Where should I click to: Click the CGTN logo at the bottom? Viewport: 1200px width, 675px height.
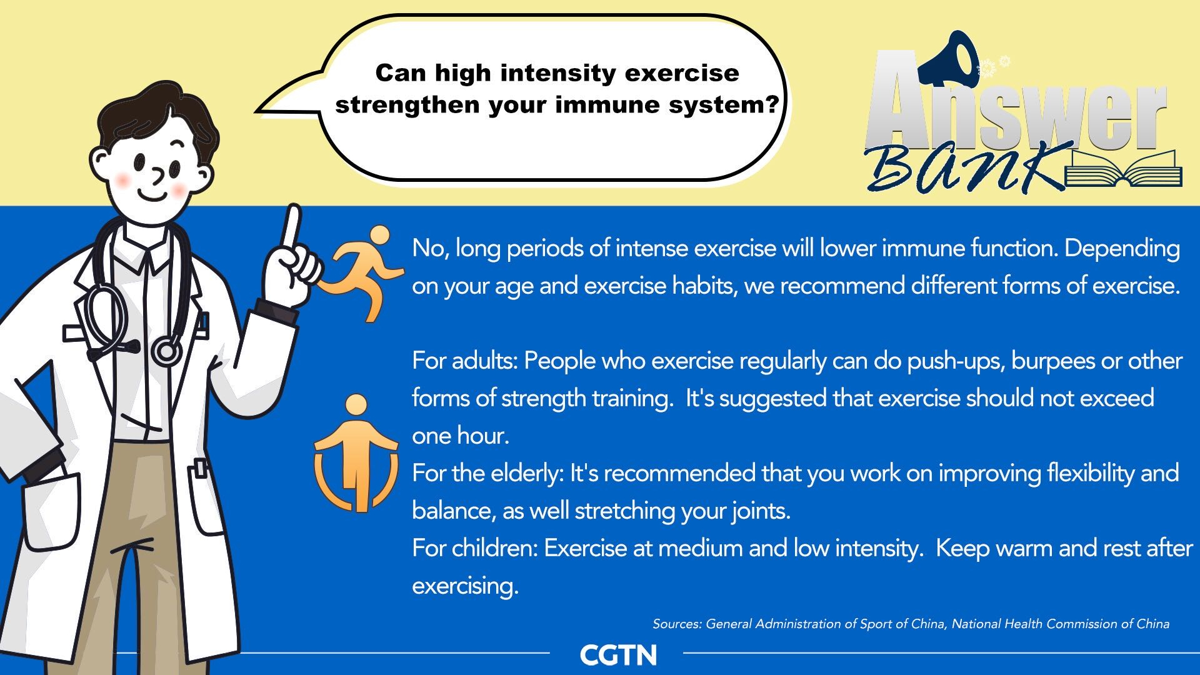[x=618, y=655]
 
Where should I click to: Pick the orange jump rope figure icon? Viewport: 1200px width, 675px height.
[x=356, y=453]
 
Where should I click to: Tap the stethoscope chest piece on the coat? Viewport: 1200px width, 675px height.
[x=167, y=351]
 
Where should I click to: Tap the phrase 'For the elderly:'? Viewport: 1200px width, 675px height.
[x=488, y=473]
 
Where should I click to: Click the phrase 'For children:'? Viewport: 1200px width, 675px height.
[x=475, y=548]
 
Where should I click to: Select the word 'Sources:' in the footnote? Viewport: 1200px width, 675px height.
[x=677, y=624]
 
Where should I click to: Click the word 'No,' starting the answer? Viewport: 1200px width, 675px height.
[x=430, y=249]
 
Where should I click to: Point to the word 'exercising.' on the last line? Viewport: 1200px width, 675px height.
[x=466, y=586]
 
